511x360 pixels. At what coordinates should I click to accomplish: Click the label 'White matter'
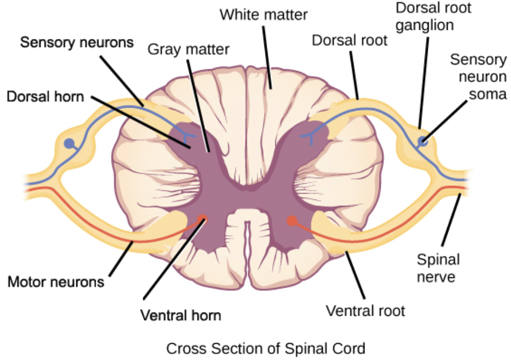click(264, 15)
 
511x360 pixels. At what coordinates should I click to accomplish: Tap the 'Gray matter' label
click(189, 50)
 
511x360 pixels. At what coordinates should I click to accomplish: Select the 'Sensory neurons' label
click(77, 42)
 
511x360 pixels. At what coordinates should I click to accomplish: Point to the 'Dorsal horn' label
click(45, 97)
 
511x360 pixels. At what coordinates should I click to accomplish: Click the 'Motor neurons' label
click(56, 281)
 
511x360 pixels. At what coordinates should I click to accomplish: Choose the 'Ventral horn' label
click(181, 315)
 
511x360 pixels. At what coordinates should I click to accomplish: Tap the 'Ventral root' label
click(365, 310)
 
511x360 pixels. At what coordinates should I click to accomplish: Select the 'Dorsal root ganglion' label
click(433, 16)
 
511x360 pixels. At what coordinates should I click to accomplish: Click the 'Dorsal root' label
click(349, 41)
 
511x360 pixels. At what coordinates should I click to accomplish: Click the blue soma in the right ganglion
click(423, 142)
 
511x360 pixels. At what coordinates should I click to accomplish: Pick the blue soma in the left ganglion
click(69, 144)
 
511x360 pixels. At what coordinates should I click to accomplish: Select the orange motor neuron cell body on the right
click(292, 220)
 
